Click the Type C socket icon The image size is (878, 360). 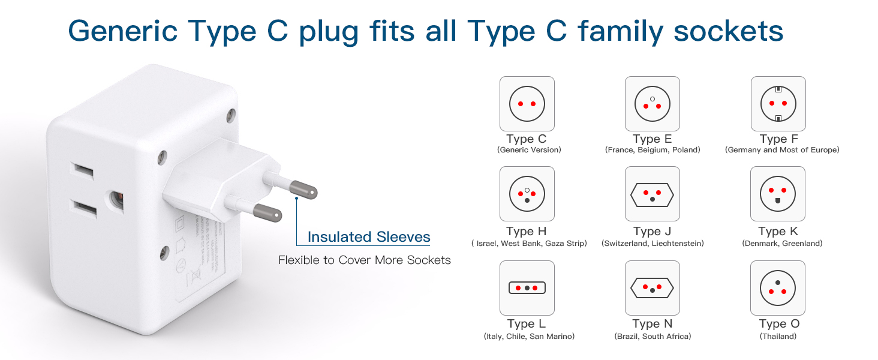(x=527, y=104)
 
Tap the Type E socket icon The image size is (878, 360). (x=652, y=104)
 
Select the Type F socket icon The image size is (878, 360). (x=778, y=104)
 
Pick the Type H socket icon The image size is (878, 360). (x=527, y=194)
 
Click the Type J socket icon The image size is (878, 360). (x=652, y=194)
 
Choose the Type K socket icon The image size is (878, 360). (x=778, y=194)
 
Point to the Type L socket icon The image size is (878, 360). (x=527, y=288)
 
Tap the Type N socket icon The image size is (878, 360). (x=652, y=288)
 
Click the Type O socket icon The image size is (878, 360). (x=778, y=288)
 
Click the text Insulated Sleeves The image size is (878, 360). (x=369, y=237)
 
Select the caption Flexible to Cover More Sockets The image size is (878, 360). (x=364, y=260)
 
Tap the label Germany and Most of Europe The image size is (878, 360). (x=782, y=150)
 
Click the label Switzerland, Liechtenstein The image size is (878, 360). (x=653, y=244)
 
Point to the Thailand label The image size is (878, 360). (x=778, y=337)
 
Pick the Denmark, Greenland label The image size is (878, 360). (x=782, y=244)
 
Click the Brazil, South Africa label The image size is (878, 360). (x=653, y=337)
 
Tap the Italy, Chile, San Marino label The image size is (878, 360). (x=529, y=337)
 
